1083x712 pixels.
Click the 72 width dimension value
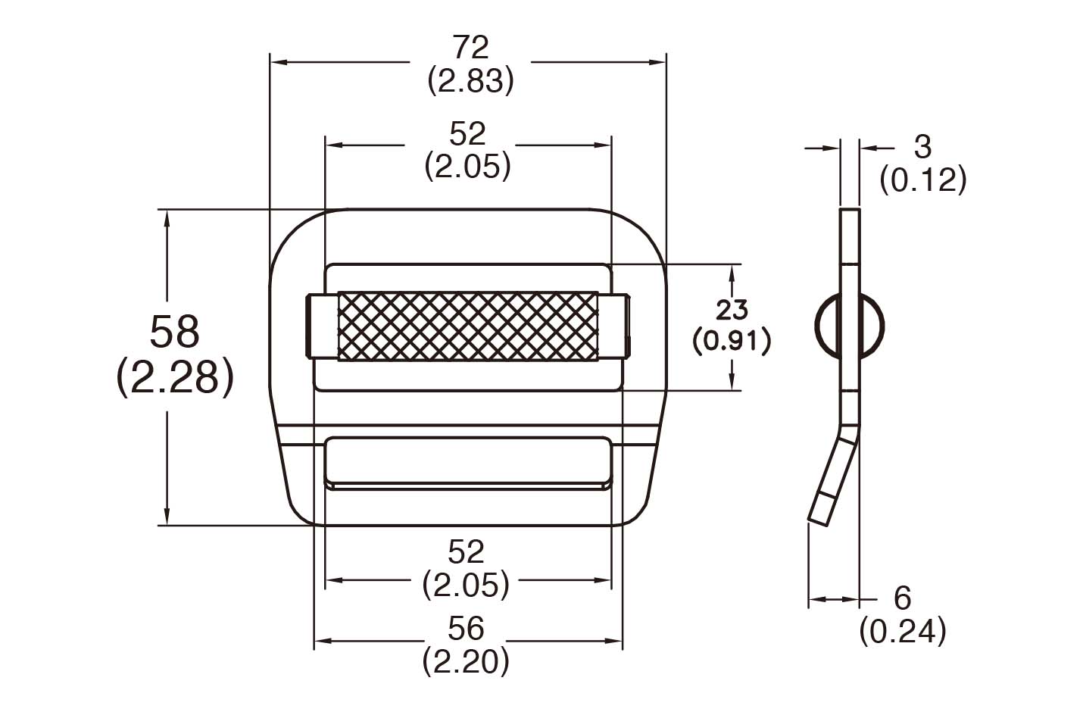coord(470,48)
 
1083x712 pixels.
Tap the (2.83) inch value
coord(470,81)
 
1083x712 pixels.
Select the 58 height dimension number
coord(174,332)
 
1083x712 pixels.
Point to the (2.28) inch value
coord(174,377)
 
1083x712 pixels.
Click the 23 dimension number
coord(732,309)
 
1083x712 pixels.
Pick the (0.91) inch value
coord(732,341)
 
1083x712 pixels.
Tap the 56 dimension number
coord(466,628)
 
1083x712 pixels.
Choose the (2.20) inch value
coord(466,661)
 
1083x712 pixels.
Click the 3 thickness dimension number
coord(922,147)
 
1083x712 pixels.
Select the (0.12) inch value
coord(922,180)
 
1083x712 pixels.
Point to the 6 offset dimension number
coord(902,598)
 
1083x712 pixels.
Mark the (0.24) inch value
coord(902,631)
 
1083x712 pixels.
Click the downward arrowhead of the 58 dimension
coord(167,517)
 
